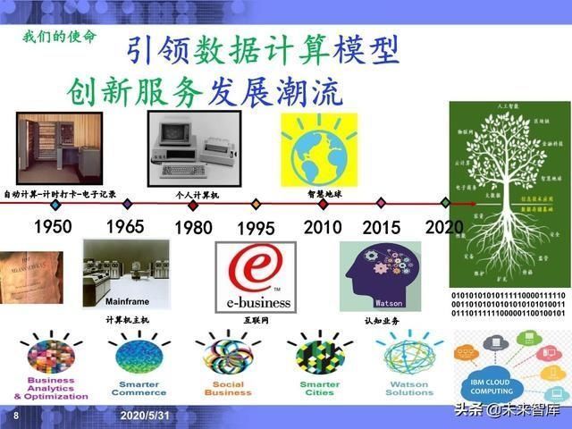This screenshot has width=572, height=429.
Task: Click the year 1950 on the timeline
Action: coord(53,226)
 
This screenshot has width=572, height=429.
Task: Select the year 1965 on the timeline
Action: coord(124,226)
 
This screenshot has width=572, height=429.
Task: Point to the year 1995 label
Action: coord(256,228)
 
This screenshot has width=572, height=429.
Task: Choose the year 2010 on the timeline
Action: coord(323,226)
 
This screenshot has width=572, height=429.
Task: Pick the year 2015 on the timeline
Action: coord(382,227)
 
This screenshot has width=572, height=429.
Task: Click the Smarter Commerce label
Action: coord(139,388)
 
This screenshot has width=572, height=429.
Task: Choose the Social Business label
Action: coord(228,388)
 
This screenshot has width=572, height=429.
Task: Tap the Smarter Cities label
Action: coord(319,388)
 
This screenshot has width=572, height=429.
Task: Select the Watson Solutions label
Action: coord(408,388)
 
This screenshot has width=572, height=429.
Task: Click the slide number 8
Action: coord(16,416)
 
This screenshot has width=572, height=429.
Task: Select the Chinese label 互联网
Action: coord(256,320)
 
